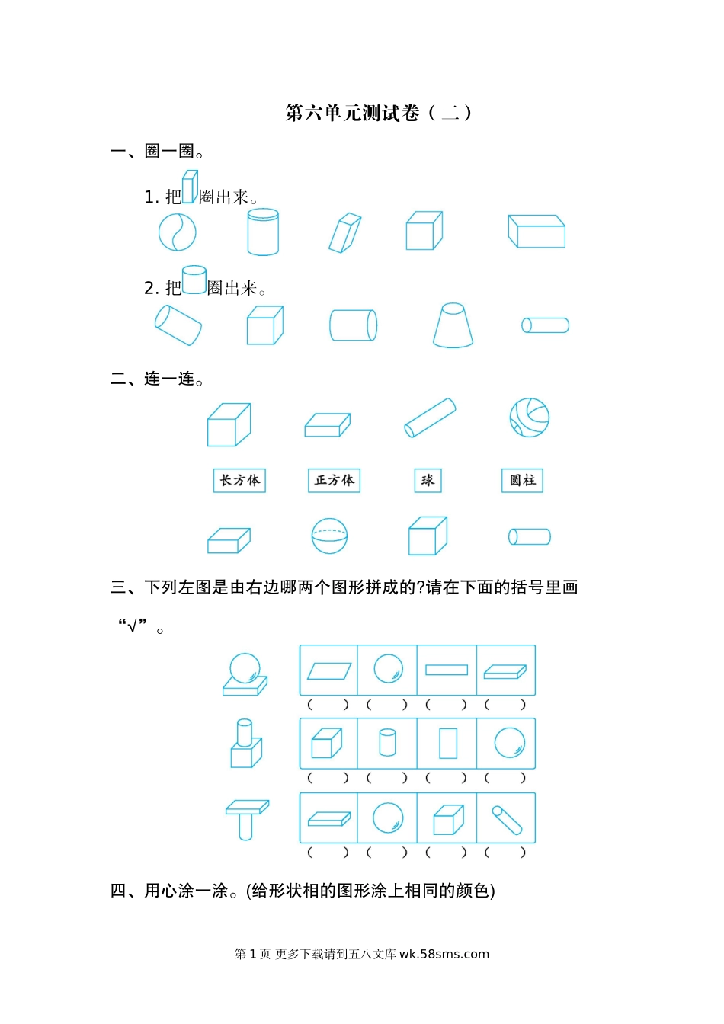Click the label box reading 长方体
pyautogui.click(x=239, y=480)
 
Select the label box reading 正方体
pyautogui.click(x=334, y=480)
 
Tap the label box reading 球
pyautogui.click(x=428, y=480)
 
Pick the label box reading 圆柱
pyautogui.click(x=522, y=480)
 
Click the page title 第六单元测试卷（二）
pyautogui.click(x=378, y=113)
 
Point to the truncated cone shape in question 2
pyautogui.click(x=453, y=325)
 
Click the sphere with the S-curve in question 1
pyautogui.click(x=177, y=232)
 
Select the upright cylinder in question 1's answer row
pyautogui.click(x=263, y=232)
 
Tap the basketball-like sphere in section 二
pyautogui.click(x=529, y=418)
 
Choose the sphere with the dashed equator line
pyautogui.click(x=329, y=536)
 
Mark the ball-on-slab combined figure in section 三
pyautogui.click(x=245, y=674)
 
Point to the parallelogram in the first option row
pyautogui.click(x=328, y=671)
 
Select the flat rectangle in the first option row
pyautogui.click(x=447, y=670)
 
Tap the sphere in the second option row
pyautogui.click(x=510, y=743)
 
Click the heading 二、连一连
pyautogui.click(x=157, y=379)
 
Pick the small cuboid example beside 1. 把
pyautogui.click(x=190, y=187)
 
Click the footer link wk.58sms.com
pyautogui.click(x=444, y=954)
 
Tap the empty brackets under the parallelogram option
pyautogui.click(x=328, y=705)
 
